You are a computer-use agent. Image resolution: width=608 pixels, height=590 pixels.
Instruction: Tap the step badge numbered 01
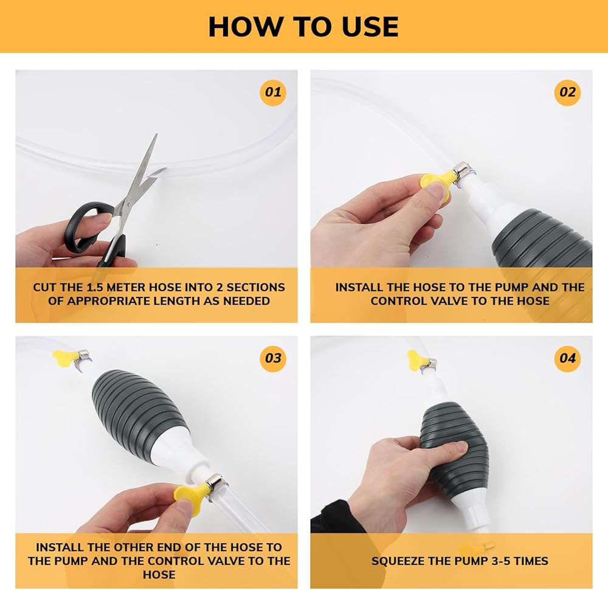tap(272, 92)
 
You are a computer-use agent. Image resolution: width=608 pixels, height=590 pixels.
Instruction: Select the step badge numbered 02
tap(567, 92)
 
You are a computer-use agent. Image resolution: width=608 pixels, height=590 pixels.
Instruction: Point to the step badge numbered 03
tap(272, 358)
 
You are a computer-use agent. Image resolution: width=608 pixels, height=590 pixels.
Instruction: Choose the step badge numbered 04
tap(567, 358)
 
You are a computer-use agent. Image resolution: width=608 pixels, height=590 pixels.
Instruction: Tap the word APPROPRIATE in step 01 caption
tap(111, 301)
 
